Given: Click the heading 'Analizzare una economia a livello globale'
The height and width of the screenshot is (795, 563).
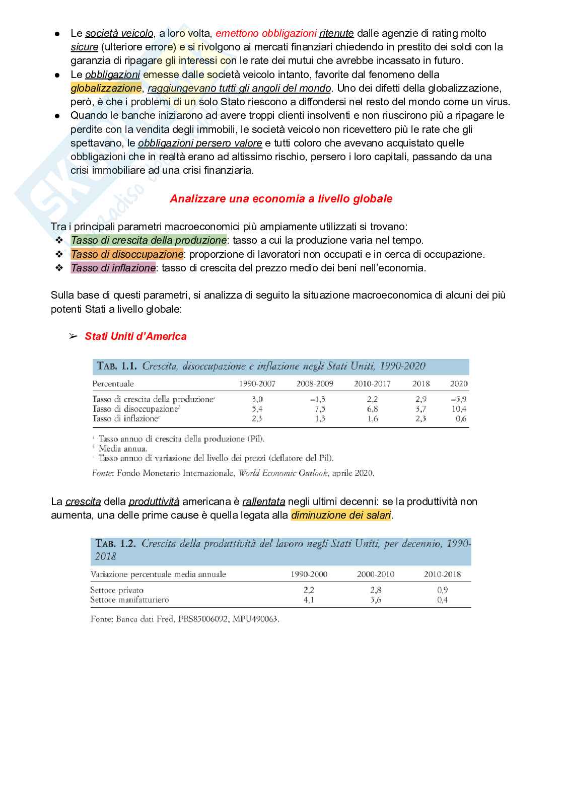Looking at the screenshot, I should click(x=281, y=199).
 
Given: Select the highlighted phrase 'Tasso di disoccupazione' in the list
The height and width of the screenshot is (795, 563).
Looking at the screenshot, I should click(x=127, y=254).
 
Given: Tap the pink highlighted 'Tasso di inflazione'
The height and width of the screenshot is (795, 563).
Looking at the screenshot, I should click(x=113, y=268).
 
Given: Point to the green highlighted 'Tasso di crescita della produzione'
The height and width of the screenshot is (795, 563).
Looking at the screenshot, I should click(x=149, y=240).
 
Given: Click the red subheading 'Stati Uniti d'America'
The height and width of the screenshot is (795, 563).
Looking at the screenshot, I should click(x=135, y=336).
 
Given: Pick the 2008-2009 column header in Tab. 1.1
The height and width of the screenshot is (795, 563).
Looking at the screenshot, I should click(x=315, y=384).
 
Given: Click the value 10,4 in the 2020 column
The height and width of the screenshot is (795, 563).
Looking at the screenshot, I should click(x=459, y=409).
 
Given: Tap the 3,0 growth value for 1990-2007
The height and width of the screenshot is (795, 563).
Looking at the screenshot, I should click(x=257, y=399).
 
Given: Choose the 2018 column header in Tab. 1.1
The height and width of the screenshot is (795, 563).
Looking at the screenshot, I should click(x=421, y=384).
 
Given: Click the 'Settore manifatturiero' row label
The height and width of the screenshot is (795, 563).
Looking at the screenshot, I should click(x=129, y=600).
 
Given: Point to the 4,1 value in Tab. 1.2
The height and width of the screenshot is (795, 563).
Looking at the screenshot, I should click(x=309, y=600).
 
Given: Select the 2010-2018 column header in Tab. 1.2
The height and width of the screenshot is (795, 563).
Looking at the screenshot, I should click(x=442, y=574).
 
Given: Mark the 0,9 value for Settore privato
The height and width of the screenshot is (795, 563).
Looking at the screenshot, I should click(x=443, y=590).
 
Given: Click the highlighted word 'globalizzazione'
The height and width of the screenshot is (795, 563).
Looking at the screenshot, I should click(x=106, y=88).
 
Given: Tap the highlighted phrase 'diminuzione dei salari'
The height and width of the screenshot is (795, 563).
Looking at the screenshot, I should click(x=341, y=515).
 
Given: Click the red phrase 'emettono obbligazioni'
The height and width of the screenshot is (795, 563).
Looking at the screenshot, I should click(x=266, y=33).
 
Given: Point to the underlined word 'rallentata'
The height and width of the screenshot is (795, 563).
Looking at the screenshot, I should click(x=263, y=501).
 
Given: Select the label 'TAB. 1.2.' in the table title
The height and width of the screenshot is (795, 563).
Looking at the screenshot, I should click(x=116, y=544).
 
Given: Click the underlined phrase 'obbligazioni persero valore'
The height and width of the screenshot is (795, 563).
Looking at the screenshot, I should click(x=200, y=143).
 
